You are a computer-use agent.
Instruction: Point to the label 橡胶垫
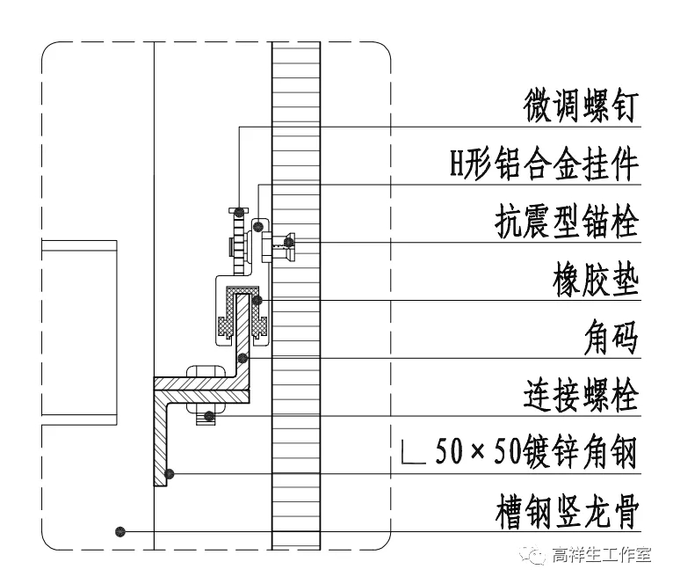point(594,281)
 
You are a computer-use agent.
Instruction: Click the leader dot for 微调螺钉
point(239,211)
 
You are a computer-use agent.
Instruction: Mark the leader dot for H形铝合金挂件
point(257,228)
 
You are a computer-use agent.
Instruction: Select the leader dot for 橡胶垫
point(257,301)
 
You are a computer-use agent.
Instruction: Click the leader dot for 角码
point(243,358)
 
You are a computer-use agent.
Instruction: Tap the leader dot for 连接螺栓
point(209,415)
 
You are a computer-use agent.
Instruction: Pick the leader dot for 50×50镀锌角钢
point(170,474)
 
